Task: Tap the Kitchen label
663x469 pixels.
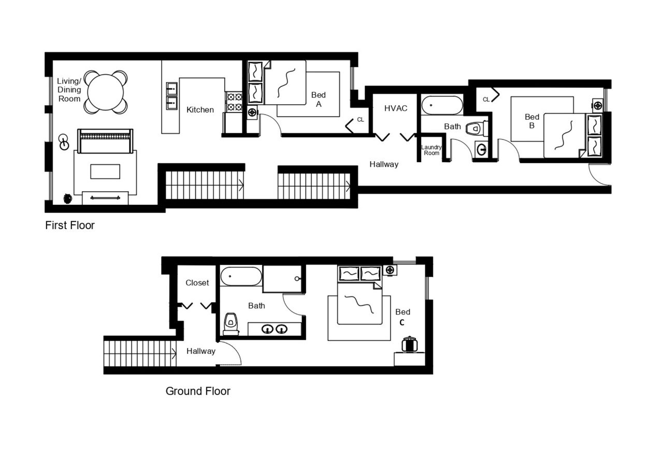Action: (x=200, y=109)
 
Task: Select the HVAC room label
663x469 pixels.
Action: (x=396, y=108)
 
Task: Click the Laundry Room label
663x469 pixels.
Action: (x=431, y=150)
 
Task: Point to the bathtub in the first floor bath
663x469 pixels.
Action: (x=442, y=105)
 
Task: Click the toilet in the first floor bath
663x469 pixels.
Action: (x=474, y=129)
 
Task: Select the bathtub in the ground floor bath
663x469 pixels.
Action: (x=241, y=277)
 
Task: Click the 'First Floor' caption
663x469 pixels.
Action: (x=70, y=225)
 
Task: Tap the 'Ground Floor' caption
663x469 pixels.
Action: (x=198, y=391)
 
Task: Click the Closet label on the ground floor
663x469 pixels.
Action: (x=197, y=283)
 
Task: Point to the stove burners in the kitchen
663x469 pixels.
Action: (x=235, y=102)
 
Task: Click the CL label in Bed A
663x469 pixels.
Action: (x=361, y=120)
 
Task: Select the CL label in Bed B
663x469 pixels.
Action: (x=486, y=99)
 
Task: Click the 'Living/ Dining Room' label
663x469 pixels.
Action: (x=69, y=90)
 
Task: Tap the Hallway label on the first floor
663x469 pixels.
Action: (x=384, y=164)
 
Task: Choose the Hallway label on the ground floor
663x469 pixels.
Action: (x=201, y=351)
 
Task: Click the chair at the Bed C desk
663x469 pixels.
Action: (x=410, y=344)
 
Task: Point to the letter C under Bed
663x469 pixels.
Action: (x=401, y=322)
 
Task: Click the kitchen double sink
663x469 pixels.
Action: (x=171, y=96)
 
